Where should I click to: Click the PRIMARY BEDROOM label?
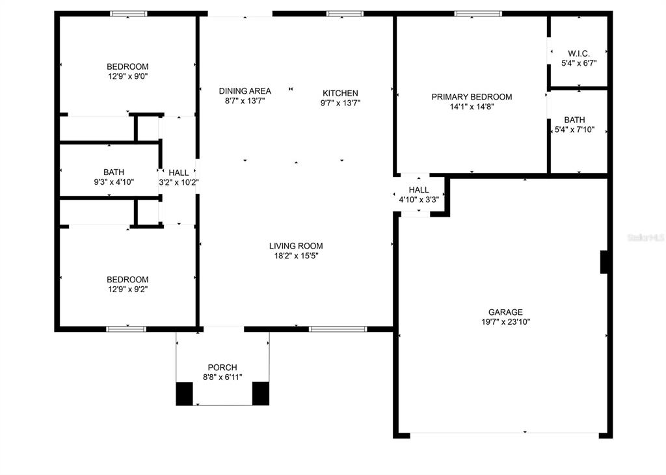coord(472,97)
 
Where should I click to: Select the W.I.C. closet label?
coord(578,53)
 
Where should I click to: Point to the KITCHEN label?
coord(340,93)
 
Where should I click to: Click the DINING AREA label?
coord(245,91)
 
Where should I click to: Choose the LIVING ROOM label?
coord(296,246)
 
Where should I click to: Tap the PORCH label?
coord(222,368)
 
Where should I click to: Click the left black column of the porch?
coord(185,394)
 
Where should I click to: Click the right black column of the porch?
coord(260,394)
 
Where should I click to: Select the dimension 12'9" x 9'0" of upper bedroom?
coord(127,76)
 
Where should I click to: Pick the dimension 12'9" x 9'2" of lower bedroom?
coord(127,290)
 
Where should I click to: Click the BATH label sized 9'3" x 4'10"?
coord(113,172)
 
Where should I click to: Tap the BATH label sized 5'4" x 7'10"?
coord(574,120)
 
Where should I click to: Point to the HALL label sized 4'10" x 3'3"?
coord(418,190)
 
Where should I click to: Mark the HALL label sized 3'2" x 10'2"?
coord(178,172)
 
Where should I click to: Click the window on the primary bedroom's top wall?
coord(478,14)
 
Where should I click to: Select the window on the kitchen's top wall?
coord(345,14)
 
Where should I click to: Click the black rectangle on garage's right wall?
coord(604,262)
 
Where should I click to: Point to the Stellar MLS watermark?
coord(645,238)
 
